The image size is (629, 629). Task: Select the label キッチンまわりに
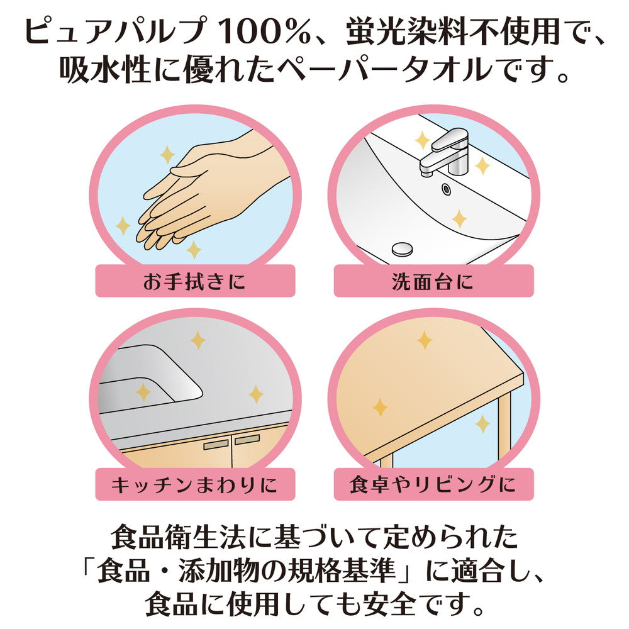coord(195,484)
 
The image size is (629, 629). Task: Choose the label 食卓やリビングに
coord(433,484)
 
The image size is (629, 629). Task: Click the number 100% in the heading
coord(265,32)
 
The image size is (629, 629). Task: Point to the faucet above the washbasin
coord(445,152)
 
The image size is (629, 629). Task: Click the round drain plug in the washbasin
coord(403,249)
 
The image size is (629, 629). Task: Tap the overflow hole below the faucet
coord(446,189)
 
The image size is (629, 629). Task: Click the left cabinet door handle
coord(215,444)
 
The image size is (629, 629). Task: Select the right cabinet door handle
coord(247,440)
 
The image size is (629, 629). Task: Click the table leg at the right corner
coord(504,431)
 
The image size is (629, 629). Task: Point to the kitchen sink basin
coord(148,379)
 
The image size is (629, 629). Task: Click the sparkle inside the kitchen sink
coord(143,392)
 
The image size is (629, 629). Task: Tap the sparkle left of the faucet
coord(423,140)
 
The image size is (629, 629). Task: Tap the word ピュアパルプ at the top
coord(116,31)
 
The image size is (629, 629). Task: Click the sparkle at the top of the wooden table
coord(424,340)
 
